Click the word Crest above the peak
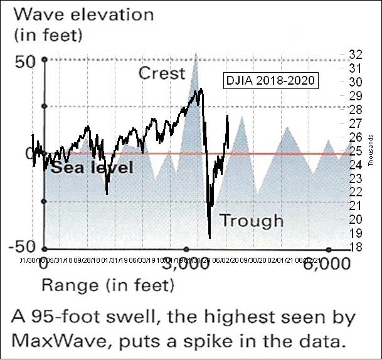(x=162, y=73)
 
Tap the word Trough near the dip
(x=252, y=220)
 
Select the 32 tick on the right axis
(x=355, y=54)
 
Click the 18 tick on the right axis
(x=355, y=246)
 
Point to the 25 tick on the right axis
(x=355, y=151)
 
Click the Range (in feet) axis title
(x=107, y=287)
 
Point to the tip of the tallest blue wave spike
(x=196, y=53)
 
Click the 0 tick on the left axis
(x=29, y=153)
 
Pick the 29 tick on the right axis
(x=355, y=95)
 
